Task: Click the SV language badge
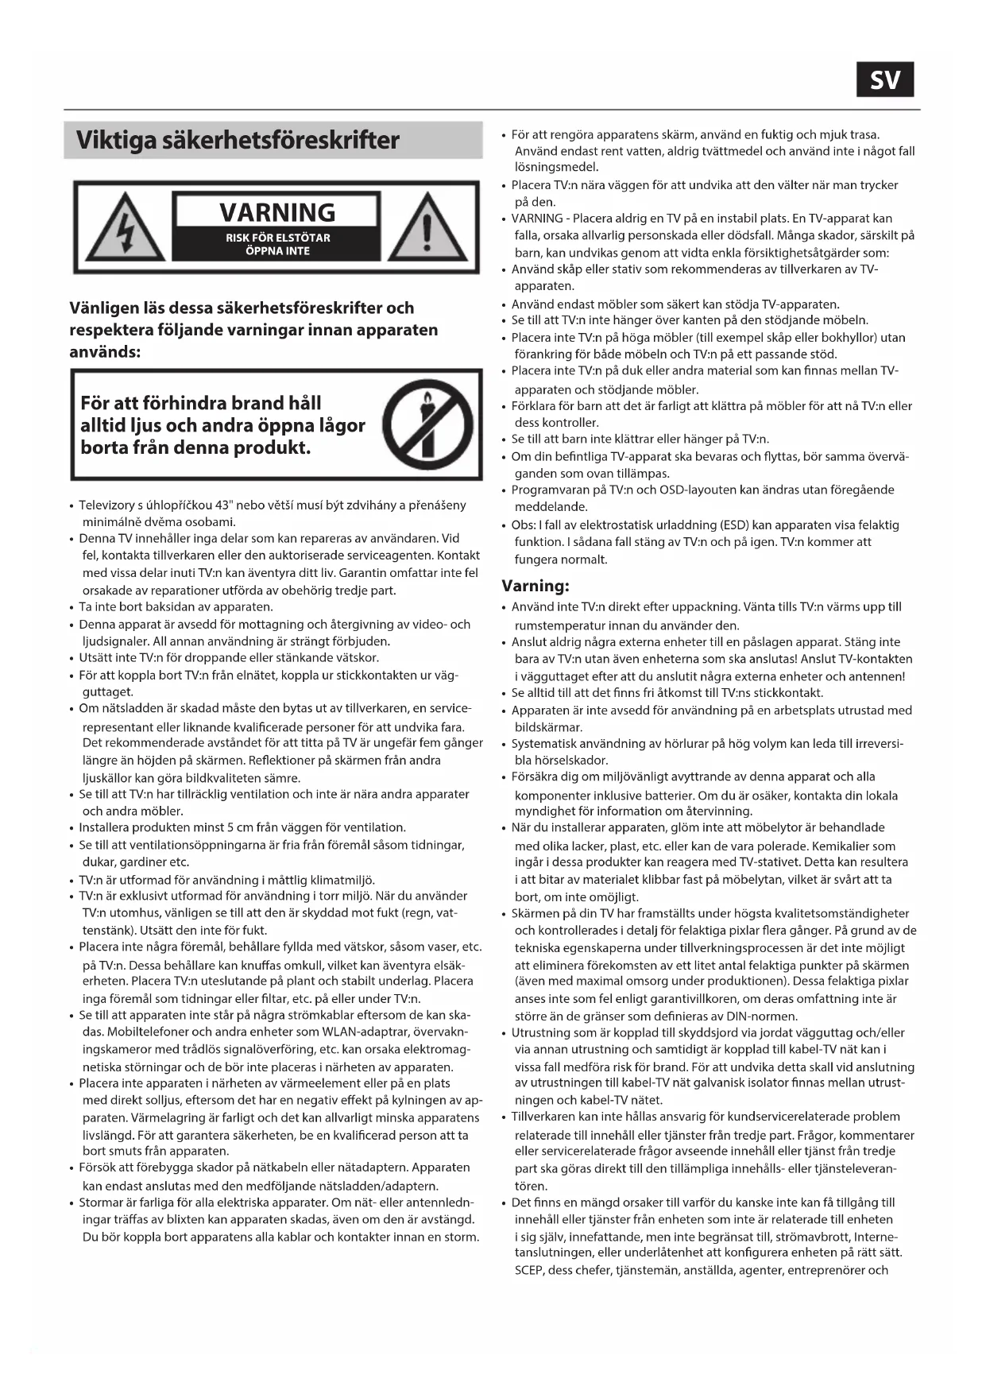click(884, 79)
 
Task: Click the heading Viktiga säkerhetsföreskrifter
click(238, 141)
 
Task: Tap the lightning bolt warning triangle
click(124, 229)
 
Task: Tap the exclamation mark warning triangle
click(427, 229)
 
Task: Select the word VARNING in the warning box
click(277, 212)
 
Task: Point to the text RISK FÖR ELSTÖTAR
click(277, 238)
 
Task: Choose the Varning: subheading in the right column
click(536, 586)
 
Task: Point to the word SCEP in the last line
click(529, 1270)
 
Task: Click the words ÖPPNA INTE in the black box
click(277, 251)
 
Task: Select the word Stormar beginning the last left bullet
click(102, 1202)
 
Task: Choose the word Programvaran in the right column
click(550, 490)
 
